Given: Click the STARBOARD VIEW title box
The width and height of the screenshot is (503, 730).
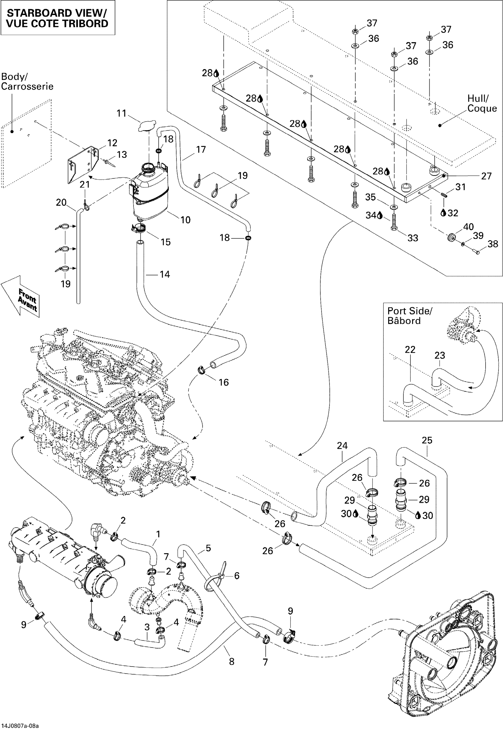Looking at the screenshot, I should click(57, 18).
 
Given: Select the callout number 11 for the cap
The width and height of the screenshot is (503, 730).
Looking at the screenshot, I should click(122, 113).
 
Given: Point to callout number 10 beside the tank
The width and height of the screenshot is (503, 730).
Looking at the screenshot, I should click(186, 220).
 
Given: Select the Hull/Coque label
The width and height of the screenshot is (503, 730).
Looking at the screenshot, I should click(482, 103).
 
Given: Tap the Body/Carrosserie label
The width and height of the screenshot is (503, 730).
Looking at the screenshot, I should click(27, 81).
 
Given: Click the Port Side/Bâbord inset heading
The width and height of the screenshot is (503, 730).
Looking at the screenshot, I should click(410, 316).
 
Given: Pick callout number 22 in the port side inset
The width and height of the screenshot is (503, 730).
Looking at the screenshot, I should click(410, 349).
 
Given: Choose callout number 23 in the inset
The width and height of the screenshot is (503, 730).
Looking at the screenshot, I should click(440, 356).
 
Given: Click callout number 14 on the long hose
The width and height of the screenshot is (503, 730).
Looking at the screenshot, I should click(165, 275).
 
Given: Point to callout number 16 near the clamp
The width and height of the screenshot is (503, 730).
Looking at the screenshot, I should click(224, 382).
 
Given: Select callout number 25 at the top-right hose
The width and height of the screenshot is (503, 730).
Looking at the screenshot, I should click(427, 440).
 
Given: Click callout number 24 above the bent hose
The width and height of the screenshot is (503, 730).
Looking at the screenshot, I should click(342, 446).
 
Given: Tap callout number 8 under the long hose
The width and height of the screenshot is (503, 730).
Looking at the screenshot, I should click(232, 662).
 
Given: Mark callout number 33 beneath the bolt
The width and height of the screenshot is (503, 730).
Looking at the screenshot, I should click(413, 238).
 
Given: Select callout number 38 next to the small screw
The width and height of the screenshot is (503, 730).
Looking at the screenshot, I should click(493, 244).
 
